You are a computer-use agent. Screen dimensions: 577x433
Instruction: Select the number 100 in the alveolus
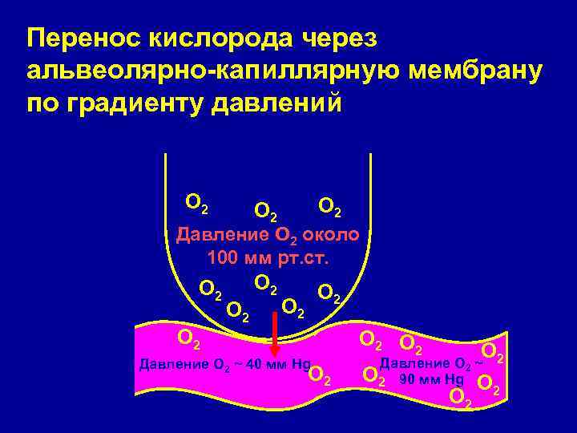[x=223, y=259]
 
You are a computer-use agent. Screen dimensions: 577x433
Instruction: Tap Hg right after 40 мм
[x=301, y=365]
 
